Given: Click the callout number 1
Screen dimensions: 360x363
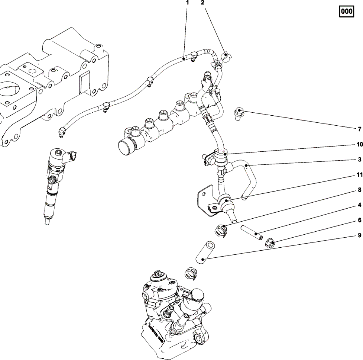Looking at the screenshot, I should (188, 3).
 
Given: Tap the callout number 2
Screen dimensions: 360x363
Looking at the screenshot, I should (202, 3).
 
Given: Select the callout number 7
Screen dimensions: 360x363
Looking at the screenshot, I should (359, 129).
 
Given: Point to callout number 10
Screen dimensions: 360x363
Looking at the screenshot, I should (359, 145).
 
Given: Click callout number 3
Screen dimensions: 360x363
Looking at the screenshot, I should (359, 160).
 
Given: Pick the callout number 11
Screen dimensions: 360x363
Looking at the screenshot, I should (359, 175).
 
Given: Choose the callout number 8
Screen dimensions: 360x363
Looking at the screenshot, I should (359, 190).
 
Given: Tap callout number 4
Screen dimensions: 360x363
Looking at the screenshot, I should (359, 205).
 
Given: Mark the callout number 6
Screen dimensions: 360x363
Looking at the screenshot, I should (359, 220).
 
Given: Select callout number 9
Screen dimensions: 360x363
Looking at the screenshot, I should (359, 235).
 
